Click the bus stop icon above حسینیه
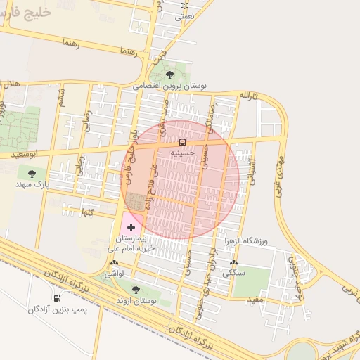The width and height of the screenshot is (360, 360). tap(183, 143)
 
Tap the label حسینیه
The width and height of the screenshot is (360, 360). tap(183, 152)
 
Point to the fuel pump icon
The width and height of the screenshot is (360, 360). tap(57, 299)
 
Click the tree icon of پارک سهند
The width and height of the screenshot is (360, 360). tap(31, 173)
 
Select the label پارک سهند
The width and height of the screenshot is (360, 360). tap(31, 184)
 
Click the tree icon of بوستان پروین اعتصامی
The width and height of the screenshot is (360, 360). tap(169, 74)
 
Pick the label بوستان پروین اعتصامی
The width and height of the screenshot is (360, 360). tap(172, 85)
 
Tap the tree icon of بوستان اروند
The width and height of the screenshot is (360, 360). tap(136, 290)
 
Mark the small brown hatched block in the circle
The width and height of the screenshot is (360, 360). tap(134, 202)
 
